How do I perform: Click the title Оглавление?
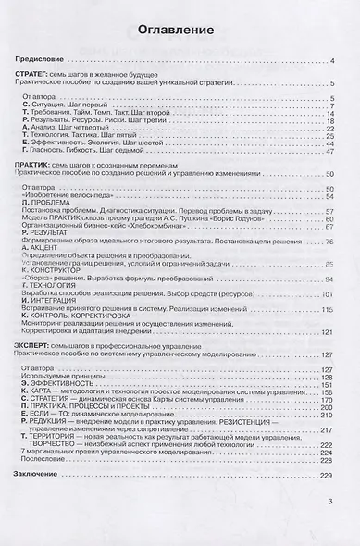180,28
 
